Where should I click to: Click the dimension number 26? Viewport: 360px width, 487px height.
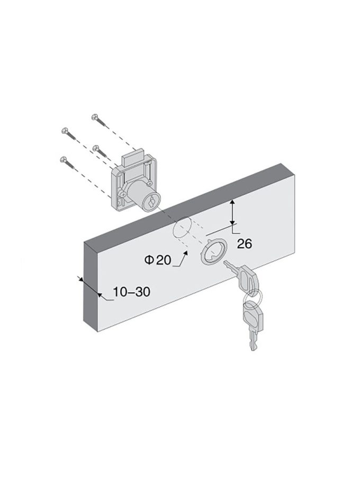point(244,244)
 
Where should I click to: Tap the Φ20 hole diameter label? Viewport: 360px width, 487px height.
point(158,260)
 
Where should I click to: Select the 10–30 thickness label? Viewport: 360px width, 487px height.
point(131,292)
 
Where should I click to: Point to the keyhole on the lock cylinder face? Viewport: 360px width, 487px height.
point(151,203)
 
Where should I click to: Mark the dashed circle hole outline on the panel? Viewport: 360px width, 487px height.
point(181,228)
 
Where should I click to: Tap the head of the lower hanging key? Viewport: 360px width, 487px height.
point(254,317)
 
